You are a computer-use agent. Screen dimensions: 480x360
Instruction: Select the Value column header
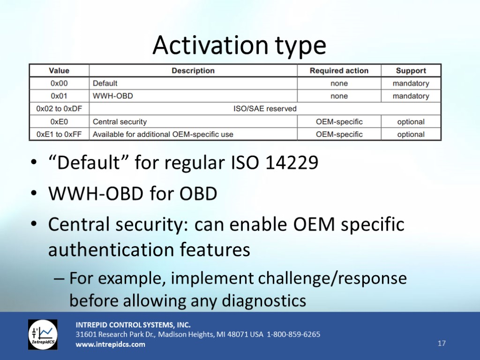[x=59, y=71]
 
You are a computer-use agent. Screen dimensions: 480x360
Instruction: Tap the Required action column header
[x=339, y=71]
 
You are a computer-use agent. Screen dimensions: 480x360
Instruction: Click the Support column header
[x=411, y=71]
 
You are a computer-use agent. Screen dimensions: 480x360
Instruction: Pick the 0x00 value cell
[x=59, y=83]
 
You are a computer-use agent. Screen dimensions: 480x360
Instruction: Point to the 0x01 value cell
[x=59, y=96]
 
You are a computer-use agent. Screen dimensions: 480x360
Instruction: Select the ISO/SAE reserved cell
[x=265, y=109]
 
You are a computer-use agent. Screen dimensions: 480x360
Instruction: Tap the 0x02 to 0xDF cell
[x=59, y=109]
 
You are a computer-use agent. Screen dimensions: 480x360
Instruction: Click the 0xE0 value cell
[x=59, y=121]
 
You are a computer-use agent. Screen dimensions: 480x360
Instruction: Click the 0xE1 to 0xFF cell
[x=59, y=135]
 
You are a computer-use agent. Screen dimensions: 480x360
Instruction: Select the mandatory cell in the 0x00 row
[x=411, y=83]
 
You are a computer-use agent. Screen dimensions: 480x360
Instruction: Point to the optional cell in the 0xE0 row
[x=411, y=122]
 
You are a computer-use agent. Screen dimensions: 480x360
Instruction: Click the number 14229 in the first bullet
[x=292, y=162]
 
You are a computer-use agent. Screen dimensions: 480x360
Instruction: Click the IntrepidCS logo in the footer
[x=43, y=335]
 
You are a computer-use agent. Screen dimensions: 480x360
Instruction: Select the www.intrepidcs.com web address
[x=111, y=345]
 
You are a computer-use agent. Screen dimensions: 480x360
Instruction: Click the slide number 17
[x=442, y=343]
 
